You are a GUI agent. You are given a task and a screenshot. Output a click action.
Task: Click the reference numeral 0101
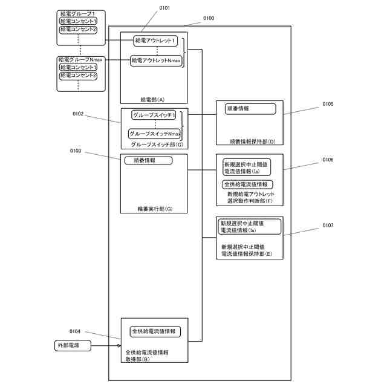pos(164,8)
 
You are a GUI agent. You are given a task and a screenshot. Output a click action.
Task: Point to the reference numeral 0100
pos(208,19)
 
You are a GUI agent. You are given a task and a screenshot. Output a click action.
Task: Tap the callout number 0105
pos(328,104)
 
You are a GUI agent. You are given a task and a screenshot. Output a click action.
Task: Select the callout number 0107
pos(328,225)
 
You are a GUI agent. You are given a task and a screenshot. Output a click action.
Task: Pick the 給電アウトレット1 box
pos(157,41)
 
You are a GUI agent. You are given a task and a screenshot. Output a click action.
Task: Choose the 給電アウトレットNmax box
pos(156,60)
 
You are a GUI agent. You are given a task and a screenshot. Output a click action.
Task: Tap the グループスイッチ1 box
pos(154,114)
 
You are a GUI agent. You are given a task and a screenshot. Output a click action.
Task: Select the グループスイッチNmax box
pos(155,134)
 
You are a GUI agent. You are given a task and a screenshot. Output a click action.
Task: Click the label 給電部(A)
pos(152,99)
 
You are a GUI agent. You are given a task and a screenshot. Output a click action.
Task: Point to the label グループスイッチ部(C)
pos(157,145)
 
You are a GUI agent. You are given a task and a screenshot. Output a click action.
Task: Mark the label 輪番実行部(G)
pos(155,209)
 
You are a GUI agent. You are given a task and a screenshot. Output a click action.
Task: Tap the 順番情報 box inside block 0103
pos(148,160)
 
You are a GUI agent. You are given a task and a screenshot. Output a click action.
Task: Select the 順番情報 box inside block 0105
pos(250,109)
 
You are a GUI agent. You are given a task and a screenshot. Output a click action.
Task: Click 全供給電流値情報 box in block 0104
pos(155,331)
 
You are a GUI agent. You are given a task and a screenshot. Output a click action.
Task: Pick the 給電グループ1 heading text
pos(78,13)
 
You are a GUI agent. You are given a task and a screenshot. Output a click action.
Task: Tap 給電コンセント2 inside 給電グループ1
pos(78,29)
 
